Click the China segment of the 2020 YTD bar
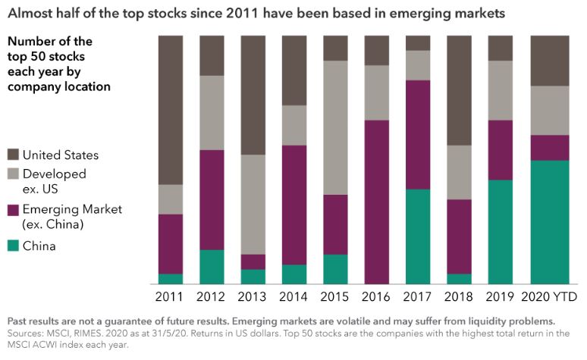(x=550, y=222)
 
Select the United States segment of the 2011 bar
(x=171, y=110)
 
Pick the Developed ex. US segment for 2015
(x=335, y=127)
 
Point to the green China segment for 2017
(x=418, y=236)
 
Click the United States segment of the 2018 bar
(x=459, y=90)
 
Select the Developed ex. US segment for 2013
(x=253, y=205)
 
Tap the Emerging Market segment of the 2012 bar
(x=212, y=200)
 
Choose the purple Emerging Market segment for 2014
(x=294, y=205)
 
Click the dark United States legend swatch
(x=13, y=155)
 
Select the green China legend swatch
(x=13, y=246)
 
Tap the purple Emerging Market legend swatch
(x=13, y=209)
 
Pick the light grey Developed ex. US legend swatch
(x=13, y=174)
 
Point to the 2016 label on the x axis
(x=377, y=296)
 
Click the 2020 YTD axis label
(x=550, y=296)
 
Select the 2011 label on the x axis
(x=171, y=296)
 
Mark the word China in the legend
(x=39, y=246)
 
